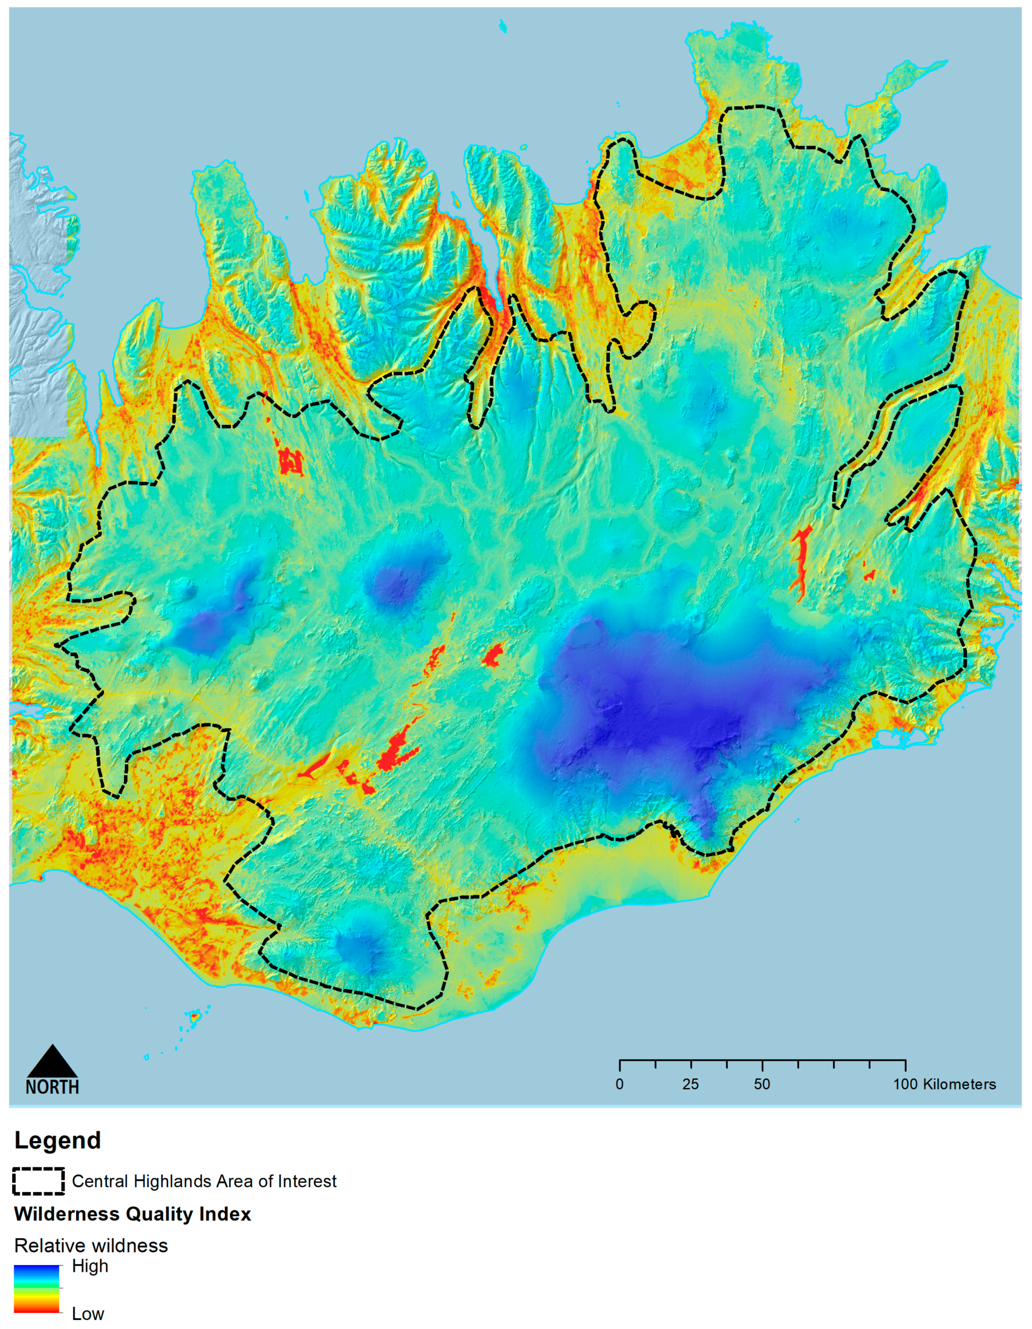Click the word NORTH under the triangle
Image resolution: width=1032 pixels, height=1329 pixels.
pos(53,1087)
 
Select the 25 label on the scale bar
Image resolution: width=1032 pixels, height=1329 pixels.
pos(690,1084)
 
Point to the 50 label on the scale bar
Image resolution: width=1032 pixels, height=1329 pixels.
pos(762,1084)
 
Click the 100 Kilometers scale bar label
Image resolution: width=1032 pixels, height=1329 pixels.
pos(944,1084)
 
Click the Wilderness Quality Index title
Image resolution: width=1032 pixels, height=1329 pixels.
pos(132,1214)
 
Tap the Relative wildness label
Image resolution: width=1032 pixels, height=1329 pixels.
pos(91,1246)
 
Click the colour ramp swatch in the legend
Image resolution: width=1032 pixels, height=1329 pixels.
pos(37,1288)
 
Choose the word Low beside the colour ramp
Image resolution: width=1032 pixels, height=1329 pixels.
pos(88,1313)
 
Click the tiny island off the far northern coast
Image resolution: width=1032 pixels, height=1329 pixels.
pos(503,25)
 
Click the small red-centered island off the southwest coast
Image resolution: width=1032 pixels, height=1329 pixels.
pos(194,1015)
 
